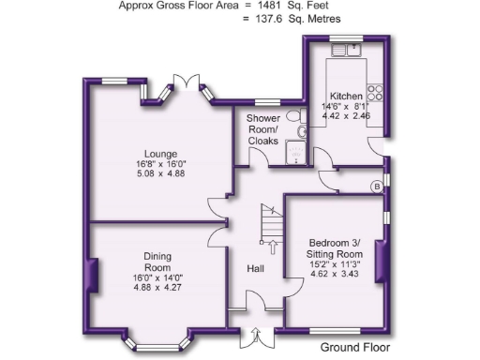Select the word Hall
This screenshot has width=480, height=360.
pyautogui.click(x=255, y=269)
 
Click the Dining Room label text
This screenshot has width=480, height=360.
pyautogui.click(x=157, y=262)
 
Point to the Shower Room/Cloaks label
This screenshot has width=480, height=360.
pyautogui.click(x=263, y=129)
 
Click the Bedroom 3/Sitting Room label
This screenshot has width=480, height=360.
pyautogui.click(x=335, y=247)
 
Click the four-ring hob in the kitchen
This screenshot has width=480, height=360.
pyautogui.click(x=377, y=93)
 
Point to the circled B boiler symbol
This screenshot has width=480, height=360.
pyautogui.click(x=377, y=187)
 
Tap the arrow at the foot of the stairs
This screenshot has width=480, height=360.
pyautogui.click(x=272, y=247)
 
